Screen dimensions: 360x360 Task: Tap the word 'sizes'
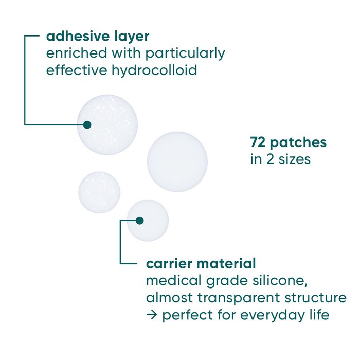[294, 159]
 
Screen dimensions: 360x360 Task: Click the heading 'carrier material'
[201, 264]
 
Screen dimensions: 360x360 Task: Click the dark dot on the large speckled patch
[87, 124]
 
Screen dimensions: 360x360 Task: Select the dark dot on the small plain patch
[139, 220]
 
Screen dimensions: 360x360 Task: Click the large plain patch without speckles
[177, 161]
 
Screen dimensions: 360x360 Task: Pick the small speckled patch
[99, 192]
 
